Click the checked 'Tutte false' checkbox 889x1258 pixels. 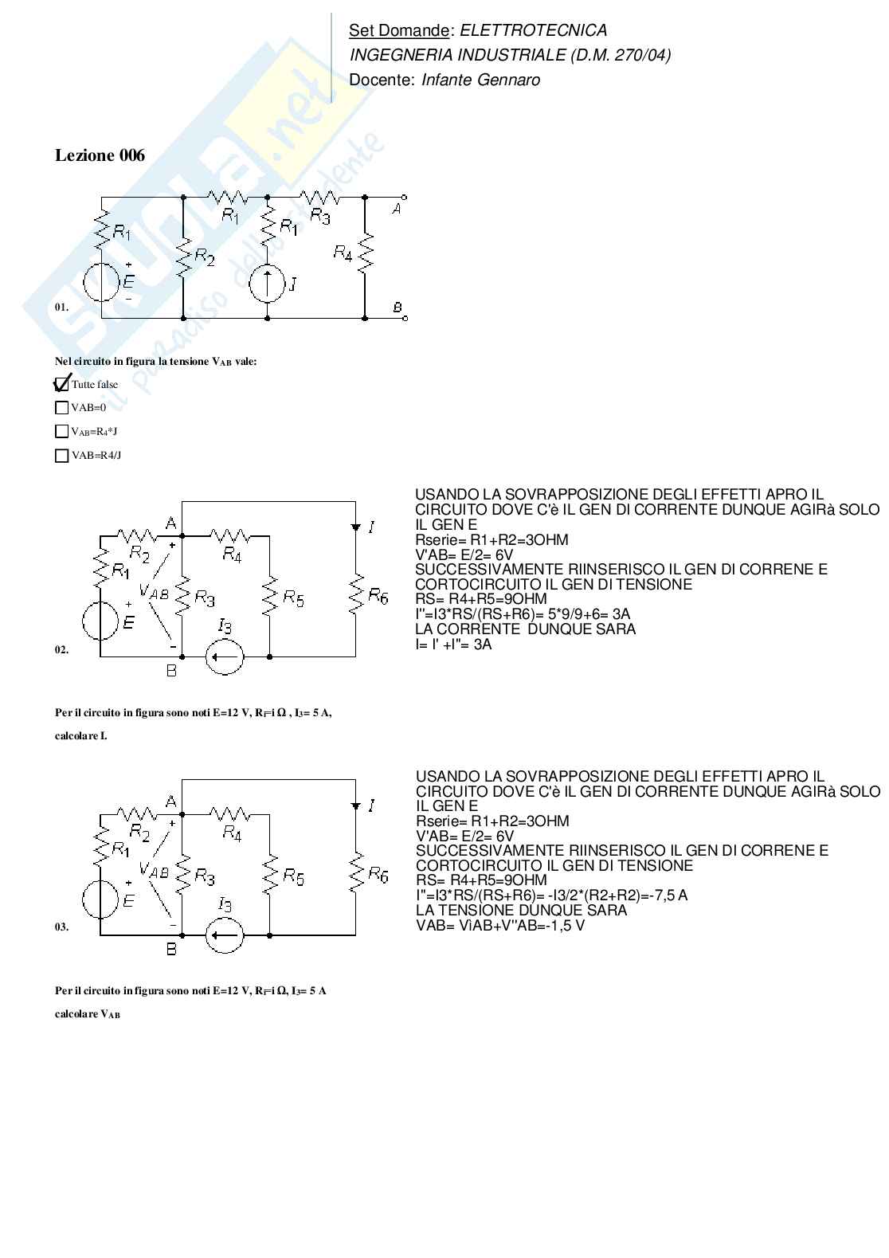pos(61,384)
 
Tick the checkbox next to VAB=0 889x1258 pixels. pos(61,408)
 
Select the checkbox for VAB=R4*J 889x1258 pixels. pos(61,432)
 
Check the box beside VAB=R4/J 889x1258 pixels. pos(61,456)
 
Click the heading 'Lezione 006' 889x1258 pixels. pos(100,155)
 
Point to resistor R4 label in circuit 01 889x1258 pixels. pos(343,253)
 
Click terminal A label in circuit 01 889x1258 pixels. pos(396,208)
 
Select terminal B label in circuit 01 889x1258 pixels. pos(397,308)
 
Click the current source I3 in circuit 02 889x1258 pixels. pos(225,656)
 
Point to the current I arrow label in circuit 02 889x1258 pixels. pos(372,527)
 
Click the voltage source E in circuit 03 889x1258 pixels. pos(101,897)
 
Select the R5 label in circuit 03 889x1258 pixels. pos(294,878)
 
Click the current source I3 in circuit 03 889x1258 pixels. pos(225,934)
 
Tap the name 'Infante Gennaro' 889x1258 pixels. pos(480,80)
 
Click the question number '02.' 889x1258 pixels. pos(61,649)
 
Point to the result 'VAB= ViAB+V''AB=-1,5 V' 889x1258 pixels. pos(500,926)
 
